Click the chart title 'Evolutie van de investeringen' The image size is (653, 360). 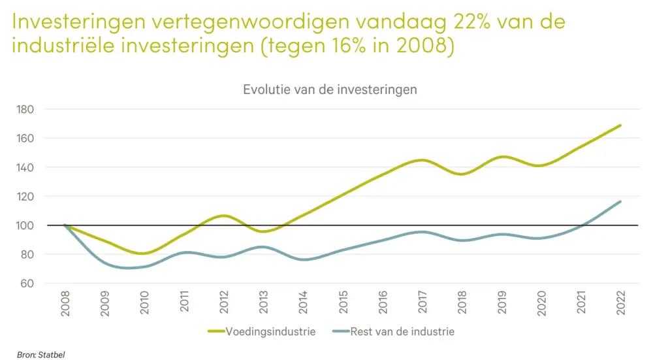pyautogui.click(x=330, y=90)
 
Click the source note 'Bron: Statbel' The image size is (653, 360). pyautogui.click(x=37, y=354)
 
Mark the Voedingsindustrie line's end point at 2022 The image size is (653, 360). pyautogui.click(x=620, y=125)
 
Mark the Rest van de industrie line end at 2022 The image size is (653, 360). pyautogui.click(x=620, y=201)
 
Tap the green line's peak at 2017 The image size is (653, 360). pyautogui.click(x=422, y=160)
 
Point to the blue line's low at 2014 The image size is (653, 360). pyautogui.click(x=303, y=260)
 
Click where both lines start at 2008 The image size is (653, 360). pyautogui.click(x=65, y=225)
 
